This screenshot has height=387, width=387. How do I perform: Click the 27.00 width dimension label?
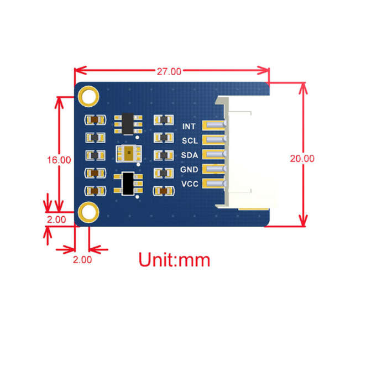tap(169, 71)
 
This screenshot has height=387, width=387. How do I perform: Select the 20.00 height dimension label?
tap(302, 159)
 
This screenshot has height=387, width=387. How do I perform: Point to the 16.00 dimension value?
tap(59, 160)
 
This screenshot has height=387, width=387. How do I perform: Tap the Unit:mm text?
tap(174, 259)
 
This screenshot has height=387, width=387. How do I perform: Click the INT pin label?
tap(189, 127)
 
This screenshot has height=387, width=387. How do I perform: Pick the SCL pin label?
tap(190, 140)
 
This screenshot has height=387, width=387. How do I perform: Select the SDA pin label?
tap(190, 155)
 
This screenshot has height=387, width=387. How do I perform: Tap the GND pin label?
tap(189, 170)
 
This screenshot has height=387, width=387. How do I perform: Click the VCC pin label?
tap(190, 184)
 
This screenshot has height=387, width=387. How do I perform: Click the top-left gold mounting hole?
tap(88, 97)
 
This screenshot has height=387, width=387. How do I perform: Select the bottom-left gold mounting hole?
tap(88, 212)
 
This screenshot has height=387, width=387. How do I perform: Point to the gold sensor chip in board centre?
tap(129, 154)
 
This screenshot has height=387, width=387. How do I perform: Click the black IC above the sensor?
tap(128, 124)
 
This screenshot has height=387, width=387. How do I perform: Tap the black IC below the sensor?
tap(128, 184)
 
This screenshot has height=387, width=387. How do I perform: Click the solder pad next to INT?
tap(214, 125)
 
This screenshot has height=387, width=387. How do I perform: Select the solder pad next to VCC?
tap(214, 184)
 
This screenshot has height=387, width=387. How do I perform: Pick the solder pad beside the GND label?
tap(214, 169)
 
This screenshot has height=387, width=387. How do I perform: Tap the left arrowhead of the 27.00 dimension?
tap(80, 70)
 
